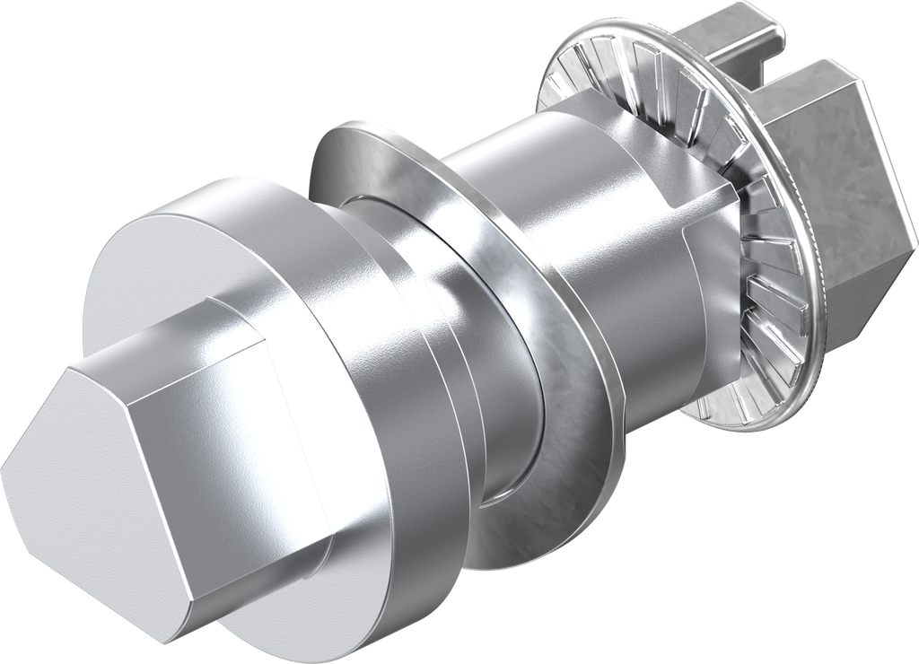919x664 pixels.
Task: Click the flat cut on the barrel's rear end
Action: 709,278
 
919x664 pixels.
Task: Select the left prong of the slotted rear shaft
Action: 718,36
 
